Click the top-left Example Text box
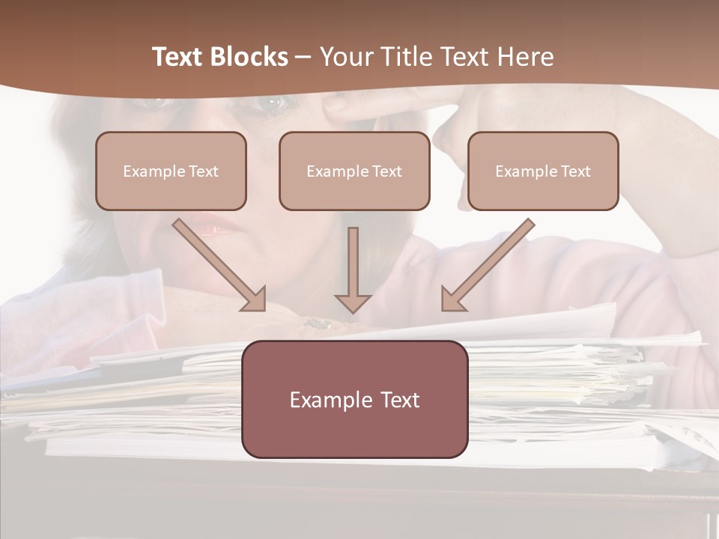(x=171, y=171)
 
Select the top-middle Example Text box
(x=354, y=171)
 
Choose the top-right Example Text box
(x=543, y=171)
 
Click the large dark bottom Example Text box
(x=355, y=399)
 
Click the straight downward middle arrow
(x=353, y=269)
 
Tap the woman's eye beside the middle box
(x=269, y=105)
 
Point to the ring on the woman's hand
(x=317, y=323)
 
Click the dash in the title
(x=303, y=57)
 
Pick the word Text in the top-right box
(x=576, y=171)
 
